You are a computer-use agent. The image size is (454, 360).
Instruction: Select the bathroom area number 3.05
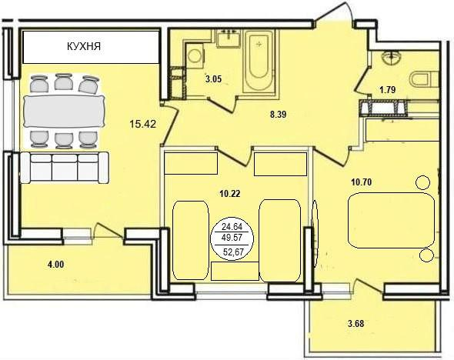coord(213,79)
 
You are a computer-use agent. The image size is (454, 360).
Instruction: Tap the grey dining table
coord(64,111)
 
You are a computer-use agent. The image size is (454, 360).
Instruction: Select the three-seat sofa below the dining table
coord(64,167)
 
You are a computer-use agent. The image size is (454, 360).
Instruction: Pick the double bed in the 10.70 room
coord(391,220)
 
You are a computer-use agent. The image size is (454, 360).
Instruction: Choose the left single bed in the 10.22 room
coord(190,239)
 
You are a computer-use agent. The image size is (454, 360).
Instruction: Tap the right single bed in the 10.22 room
coord(279,239)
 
